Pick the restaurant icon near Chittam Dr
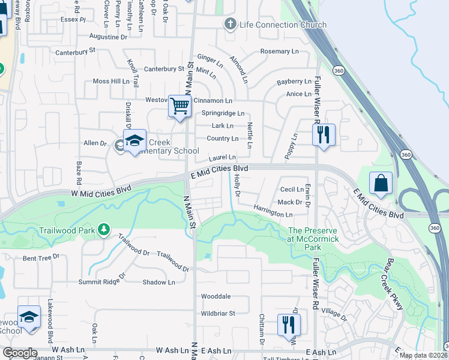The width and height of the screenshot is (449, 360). [289, 325]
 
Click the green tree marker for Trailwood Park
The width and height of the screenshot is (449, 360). [104, 229]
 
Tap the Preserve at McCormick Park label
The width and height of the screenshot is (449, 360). [313, 235]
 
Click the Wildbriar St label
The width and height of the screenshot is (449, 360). [218, 313]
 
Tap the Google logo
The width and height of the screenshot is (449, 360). [20, 353]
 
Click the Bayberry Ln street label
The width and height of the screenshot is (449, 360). [294, 82]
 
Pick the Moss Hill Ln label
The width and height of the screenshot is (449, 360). [111, 81]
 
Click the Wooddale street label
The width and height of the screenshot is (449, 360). [216, 296]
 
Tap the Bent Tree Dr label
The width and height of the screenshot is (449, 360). [41, 258]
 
